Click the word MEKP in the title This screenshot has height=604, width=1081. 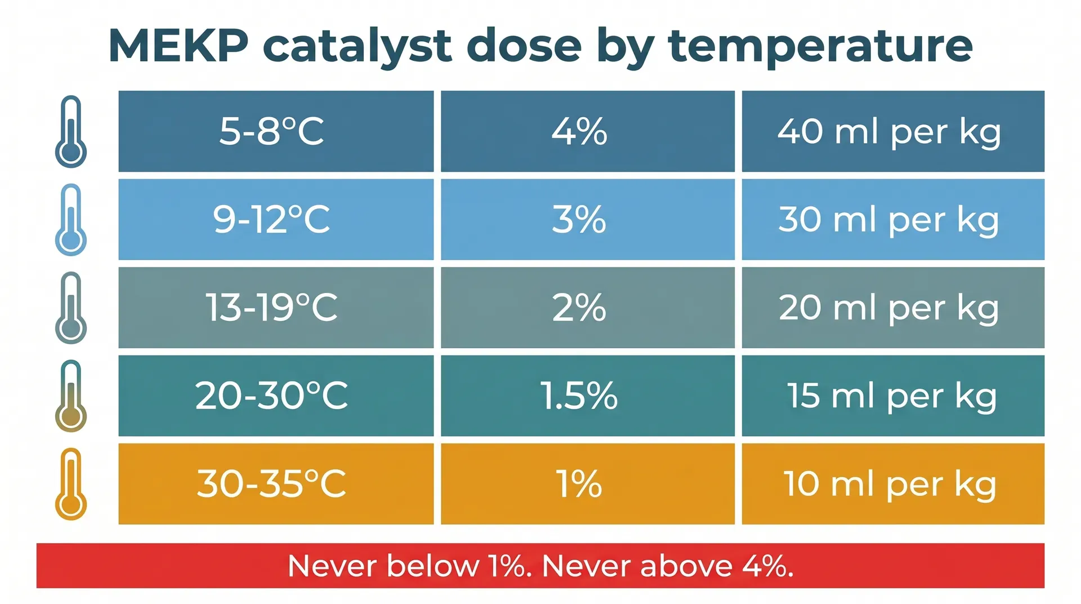coord(178,46)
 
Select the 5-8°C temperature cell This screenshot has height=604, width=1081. coord(276,131)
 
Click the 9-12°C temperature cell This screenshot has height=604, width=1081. coord(276,219)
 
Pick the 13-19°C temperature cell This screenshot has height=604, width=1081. coord(276,308)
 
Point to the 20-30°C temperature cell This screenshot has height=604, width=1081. coord(276,396)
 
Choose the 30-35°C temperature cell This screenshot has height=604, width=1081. coord(276,483)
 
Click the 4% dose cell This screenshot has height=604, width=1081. coord(587,131)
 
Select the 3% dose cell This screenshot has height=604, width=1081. coord(587,219)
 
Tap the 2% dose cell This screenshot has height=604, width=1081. coord(587,308)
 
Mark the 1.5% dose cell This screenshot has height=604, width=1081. coord(587,396)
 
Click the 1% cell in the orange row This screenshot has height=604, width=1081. coord(587,483)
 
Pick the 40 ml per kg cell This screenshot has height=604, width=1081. coord(893,131)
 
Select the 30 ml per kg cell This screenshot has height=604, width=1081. coord(893,219)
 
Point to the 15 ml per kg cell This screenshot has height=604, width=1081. coord(893,396)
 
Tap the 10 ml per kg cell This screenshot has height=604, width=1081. coord(893,483)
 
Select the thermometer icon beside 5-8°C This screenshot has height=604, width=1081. coord(71,131)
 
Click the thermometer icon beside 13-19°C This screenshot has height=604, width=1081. coord(71,308)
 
